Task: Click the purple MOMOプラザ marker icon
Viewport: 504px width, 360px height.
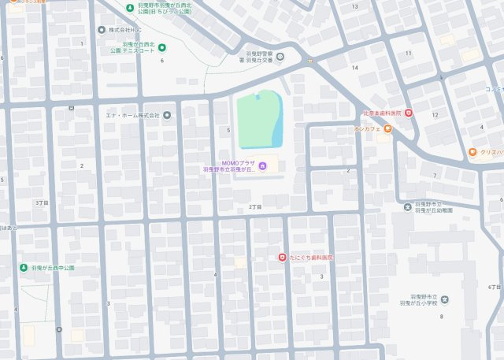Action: [263, 165]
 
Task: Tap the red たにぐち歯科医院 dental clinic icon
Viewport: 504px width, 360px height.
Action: [282, 258]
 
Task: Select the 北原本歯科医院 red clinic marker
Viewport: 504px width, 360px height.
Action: [409, 113]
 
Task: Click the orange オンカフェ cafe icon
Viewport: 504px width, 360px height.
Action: [388, 128]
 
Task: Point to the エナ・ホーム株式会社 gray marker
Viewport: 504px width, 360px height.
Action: [167, 115]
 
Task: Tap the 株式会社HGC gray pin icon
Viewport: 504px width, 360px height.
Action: [101, 30]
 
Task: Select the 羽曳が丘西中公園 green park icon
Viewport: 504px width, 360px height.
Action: [24, 268]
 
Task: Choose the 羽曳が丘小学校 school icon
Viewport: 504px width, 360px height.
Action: [445, 299]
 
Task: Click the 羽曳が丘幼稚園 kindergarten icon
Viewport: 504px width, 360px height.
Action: [407, 207]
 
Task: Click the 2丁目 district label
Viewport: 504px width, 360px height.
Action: [254, 206]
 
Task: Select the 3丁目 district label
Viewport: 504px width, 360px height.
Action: [42, 202]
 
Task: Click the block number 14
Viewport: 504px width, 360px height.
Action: [355, 68]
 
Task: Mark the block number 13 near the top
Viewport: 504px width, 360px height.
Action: [354, 6]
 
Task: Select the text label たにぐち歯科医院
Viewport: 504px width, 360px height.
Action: [311, 258]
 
